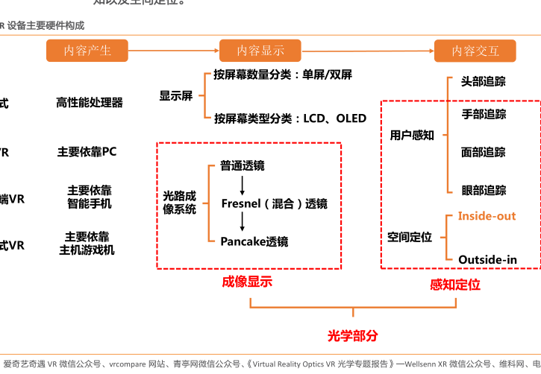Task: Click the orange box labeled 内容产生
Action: click(x=87, y=51)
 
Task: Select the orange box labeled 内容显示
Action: click(x=260, y=51)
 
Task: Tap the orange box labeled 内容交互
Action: click(x=475, y=51)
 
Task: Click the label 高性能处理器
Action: click(x=90, y=103)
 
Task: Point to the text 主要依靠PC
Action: click(x=87, y=152)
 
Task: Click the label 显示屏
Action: click(x=175, y=96)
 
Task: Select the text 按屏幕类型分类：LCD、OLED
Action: click(x=290, y=118)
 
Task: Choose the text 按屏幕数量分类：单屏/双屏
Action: click(x=283, y=75)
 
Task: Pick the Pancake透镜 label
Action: click(x=254, y=241)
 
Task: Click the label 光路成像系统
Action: click(x=180, y=203)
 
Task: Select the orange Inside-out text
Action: click(x=487, y=216)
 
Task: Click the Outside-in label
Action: click(x=487, y=259)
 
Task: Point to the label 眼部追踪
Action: click(x=484, y=191)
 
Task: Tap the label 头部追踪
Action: click(x=483, y=81)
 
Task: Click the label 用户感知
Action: click(x=412, y=136)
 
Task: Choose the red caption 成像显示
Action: click(x=247, y=282)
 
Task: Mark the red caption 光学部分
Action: click(x=353, y=336)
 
